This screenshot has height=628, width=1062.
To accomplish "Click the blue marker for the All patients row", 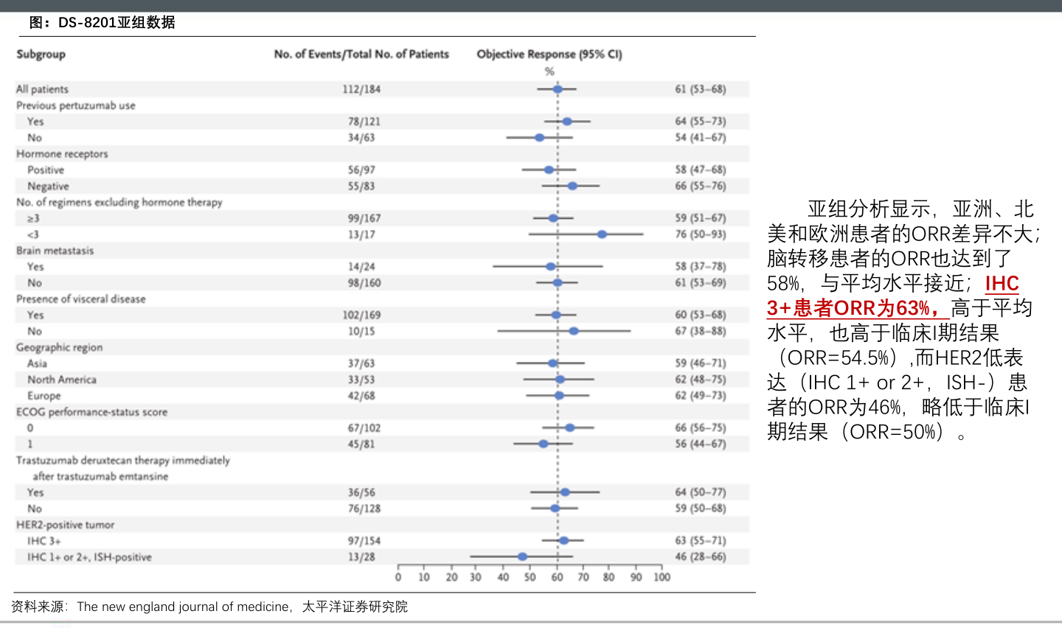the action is [x=558, y=89].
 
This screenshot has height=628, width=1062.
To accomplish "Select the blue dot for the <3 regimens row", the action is [x=602, y=234].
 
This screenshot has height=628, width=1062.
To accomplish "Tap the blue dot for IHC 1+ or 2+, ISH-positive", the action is [x=522, y=557].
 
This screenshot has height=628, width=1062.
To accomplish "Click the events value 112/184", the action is [x=361, y=89].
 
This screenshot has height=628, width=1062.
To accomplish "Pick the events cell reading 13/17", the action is [x=361, y=234].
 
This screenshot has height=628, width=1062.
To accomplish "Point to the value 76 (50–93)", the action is [x=701, y=234].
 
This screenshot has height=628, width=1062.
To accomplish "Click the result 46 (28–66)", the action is [x=701, y=557].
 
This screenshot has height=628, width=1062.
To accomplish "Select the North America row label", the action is [x=62, y=380].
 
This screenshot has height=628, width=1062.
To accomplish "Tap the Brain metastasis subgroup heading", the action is [x=55, y=251].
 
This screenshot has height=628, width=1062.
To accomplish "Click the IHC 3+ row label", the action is [x=44, y=541].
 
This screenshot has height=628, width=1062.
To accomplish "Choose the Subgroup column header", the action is [x=41, y=55].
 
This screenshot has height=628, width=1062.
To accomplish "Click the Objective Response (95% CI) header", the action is [x=549, y=55].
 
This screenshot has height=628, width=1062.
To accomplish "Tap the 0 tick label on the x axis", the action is [x=398, y=577].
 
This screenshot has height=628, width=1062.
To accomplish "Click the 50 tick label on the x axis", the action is [x=530, y=577].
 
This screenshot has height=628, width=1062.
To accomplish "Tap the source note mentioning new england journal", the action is [x=209, y=607].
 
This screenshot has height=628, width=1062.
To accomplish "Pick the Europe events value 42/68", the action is [x=361, y=396].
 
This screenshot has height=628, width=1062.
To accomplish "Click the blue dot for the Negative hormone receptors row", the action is [x=572, y=186].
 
